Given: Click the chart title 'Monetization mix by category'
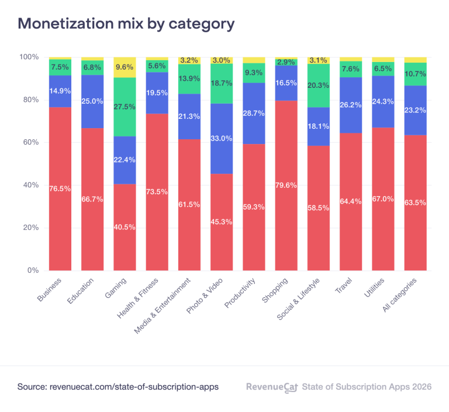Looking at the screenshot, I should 126,23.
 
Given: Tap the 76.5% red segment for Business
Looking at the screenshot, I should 60,188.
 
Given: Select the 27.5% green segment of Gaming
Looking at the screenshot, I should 125,107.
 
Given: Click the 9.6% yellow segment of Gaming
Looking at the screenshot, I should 125,67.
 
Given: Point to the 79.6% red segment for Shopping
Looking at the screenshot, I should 286,186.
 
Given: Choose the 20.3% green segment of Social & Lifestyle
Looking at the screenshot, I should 319,85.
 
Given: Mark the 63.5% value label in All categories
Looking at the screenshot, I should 415,202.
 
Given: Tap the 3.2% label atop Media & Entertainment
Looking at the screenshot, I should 189,60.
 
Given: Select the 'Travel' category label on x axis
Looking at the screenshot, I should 343,284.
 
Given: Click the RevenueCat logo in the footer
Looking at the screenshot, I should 272,387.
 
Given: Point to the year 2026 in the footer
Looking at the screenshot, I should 420,387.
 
